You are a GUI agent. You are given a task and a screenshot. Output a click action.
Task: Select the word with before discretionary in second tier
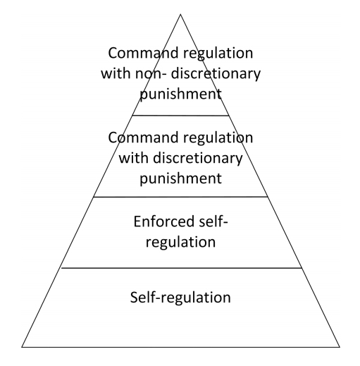tap(133, 158)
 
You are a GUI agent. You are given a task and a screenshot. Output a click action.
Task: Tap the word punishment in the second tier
tap(180, 179)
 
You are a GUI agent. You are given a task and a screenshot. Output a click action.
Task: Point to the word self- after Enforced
tap(213, 221)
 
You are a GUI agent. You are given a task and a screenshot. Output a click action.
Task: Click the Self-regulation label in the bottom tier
tap(180, 298)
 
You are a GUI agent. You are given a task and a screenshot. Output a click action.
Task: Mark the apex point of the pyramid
tap(180, 14)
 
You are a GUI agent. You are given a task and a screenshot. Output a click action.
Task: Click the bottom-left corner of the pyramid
tap(22, 347)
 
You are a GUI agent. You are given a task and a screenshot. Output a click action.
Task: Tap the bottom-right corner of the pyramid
tap(340, 347)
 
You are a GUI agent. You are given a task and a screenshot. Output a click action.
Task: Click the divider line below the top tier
tap(180, 116)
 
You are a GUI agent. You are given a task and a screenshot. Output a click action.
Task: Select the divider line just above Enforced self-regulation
tap(180, 197)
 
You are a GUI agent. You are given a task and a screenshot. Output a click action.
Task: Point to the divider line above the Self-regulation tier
tap(181, 268)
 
